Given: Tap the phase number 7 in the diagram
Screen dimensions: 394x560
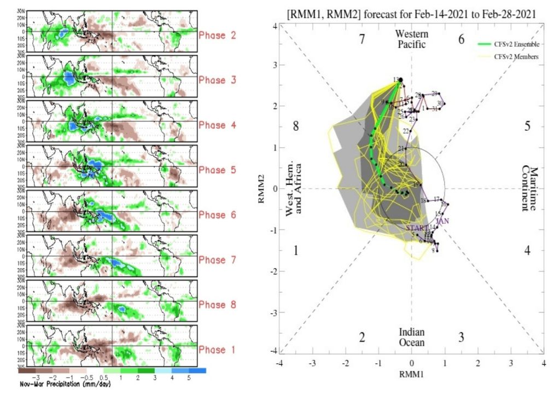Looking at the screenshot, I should (361, 39).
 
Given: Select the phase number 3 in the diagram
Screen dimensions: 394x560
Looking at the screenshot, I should (461, 337).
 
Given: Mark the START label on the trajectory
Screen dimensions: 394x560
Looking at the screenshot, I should (417, 227).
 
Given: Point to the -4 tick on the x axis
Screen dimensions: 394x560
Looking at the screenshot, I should (280, 363).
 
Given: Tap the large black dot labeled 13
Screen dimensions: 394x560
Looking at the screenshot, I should (401, 80).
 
